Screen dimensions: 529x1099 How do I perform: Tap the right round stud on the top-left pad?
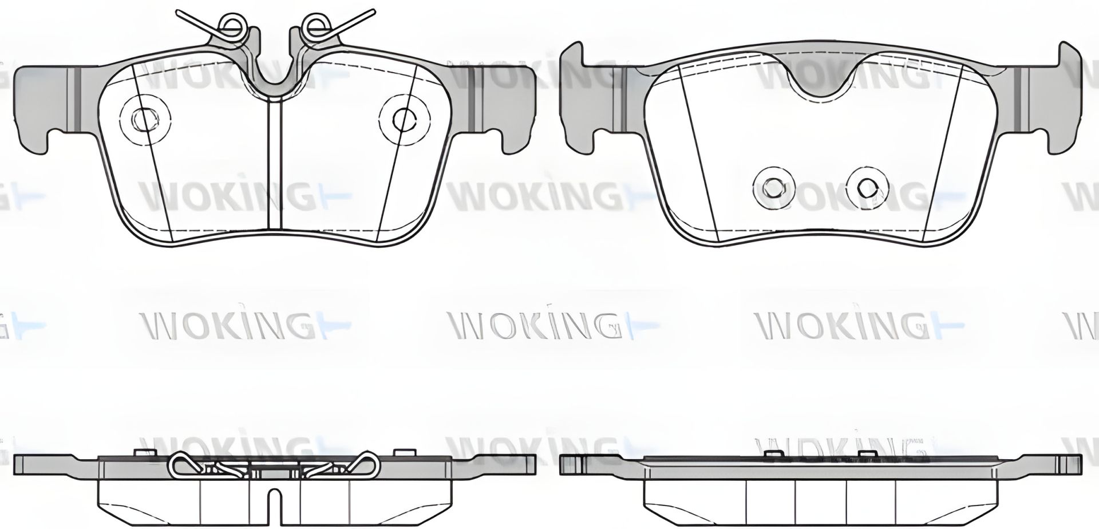pos(404,117)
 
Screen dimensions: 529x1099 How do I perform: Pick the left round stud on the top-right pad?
pos(774,187)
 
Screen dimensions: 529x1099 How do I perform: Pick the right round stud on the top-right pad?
pos(868,187)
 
